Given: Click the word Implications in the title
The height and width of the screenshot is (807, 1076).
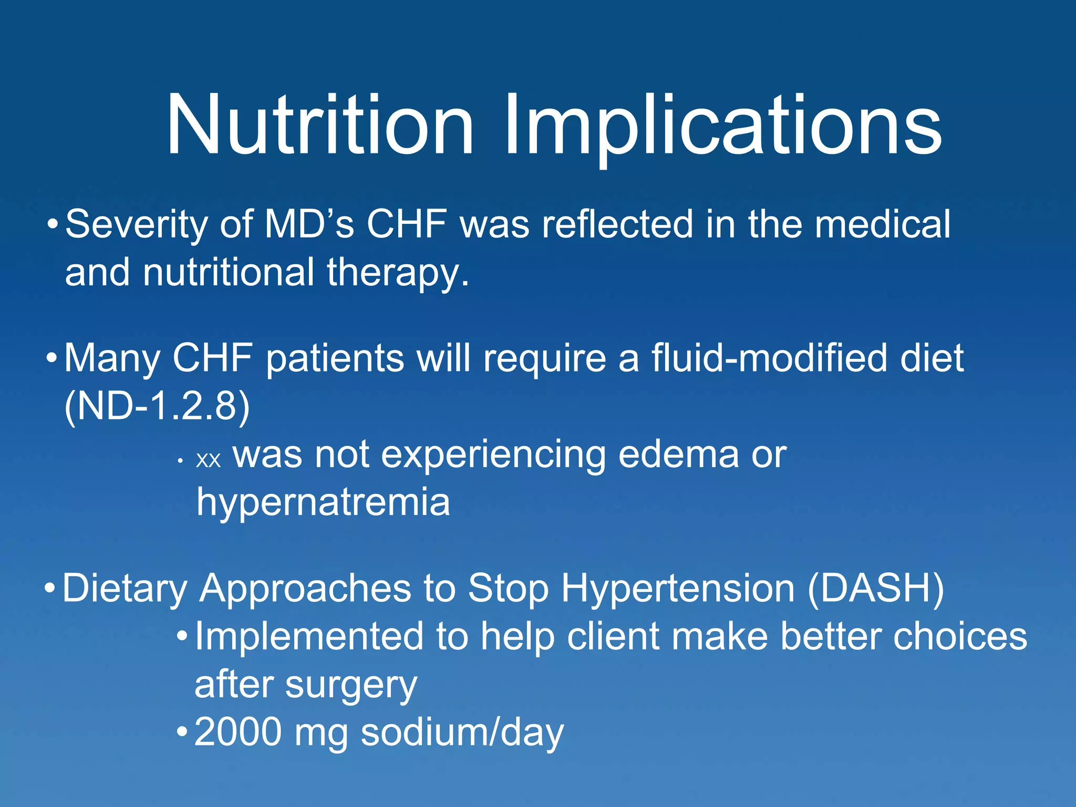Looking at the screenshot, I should tap(722, 126).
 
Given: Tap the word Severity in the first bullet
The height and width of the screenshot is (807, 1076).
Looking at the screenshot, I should tap(137, 225).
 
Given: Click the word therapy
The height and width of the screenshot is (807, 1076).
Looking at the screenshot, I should tap(398, 273).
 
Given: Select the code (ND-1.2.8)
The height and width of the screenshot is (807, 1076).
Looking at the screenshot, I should tap(157, 406).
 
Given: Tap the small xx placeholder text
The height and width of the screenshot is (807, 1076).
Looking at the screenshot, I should tap(208, 460).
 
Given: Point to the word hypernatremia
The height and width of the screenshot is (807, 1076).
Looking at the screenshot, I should tap(323, 502).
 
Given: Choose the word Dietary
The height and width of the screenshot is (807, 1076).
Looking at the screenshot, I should tap(125, 588).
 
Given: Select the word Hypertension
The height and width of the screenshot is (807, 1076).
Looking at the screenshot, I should tap(678, 588).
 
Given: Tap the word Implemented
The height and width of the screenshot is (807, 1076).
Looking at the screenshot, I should tap(309, 637).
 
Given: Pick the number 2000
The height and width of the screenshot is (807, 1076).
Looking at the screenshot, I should tap(238, 732).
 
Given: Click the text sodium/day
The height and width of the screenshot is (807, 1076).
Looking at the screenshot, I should tap(462, 733).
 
